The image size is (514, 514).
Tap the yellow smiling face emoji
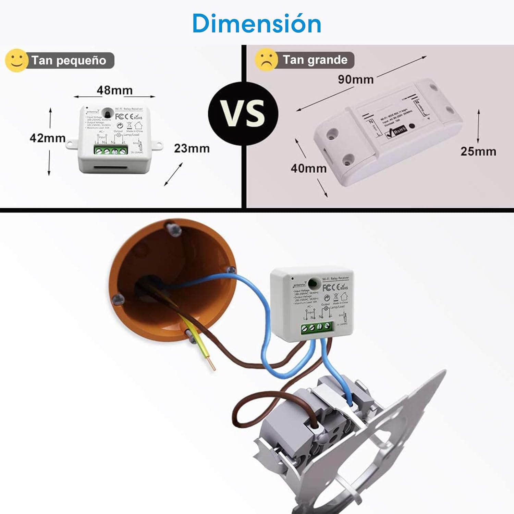tap(16, 60)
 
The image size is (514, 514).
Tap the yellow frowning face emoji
tap(266, 60)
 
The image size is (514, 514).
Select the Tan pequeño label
tap(69, 60)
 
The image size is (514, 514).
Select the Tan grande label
tap(315, 60)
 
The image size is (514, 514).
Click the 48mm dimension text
tap(114, 90)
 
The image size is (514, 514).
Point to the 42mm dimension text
tap(47, 138)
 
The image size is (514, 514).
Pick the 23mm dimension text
tap(192, 148)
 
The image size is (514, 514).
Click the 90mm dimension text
tap(356, 79)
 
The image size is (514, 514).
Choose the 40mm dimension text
tap(308, 168)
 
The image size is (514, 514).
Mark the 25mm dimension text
tap(478, 151)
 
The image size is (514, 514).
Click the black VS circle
tap(243, 113)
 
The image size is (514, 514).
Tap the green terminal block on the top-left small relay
tap(111, 150)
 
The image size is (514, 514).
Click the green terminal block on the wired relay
tap(317, 327)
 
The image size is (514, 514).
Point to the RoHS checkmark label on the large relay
tap(396, 131)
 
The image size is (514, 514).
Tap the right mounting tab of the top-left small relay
tap(157, 145)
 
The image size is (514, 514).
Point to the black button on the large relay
tap(412, 126)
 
